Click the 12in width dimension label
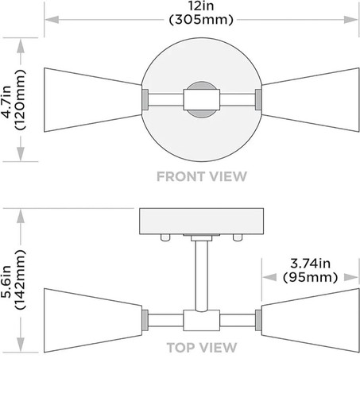(x=201, y=6)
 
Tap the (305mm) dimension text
(x=201, y=20)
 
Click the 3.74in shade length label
(x=310, y=264)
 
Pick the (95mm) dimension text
(x=310, y=277)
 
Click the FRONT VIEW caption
(x=202, y=176)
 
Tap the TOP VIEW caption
(x=202, y=348)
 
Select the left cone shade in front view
(x=93, y=100)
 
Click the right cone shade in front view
(x=311, y=100)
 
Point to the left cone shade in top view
(x=93, y=320)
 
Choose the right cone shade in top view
(x=311, y=320)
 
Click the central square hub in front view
(x=202, y=99)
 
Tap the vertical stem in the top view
(x=202, y=276)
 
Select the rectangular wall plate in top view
(x=201, y=222)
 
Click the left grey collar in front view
(x=145, y=99)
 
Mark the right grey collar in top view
(x=258, y=320)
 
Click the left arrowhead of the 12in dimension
(x=52, y=20)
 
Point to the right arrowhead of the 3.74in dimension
(x=351, y=277)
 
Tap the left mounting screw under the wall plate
(x=165, y=237)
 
